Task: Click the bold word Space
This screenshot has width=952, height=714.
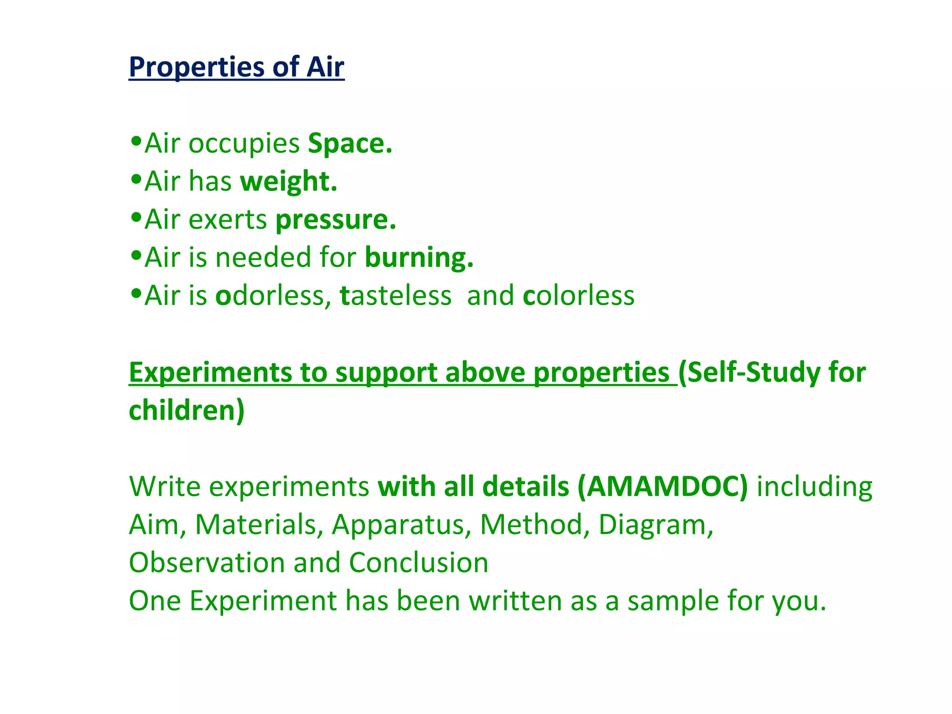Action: pos(350,143)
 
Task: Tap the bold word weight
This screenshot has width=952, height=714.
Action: pos(288,181)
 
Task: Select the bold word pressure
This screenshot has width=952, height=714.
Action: pos(335,220)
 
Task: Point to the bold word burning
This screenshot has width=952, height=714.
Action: pos(418,258)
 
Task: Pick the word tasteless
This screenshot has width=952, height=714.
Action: pos(396,296)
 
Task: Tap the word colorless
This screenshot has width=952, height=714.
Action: pos(578,296)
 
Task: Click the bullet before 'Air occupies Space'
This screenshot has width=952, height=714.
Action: pos(136,140)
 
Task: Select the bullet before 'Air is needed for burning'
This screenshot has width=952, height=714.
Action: pos(136,255)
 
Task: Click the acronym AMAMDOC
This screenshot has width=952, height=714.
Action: pos(663,487)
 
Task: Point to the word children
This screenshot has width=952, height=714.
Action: pos(183,410)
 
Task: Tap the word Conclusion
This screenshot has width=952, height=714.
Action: pos(418,563)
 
